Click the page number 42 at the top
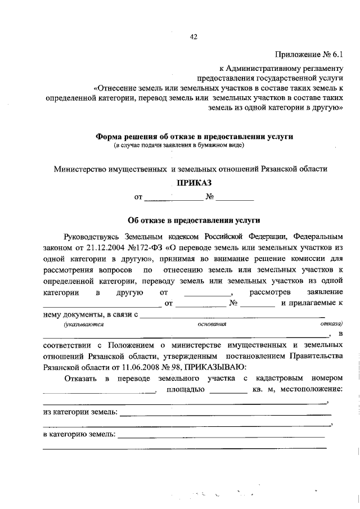tap(193, 37)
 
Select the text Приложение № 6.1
tap(308, 55)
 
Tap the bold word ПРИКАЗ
tap(195, 183)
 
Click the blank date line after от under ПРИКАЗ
tap(173, 198)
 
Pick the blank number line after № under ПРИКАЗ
tap(235, 198)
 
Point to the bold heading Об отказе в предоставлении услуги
tap(194, 221)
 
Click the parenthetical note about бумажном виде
tap(179, 146)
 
